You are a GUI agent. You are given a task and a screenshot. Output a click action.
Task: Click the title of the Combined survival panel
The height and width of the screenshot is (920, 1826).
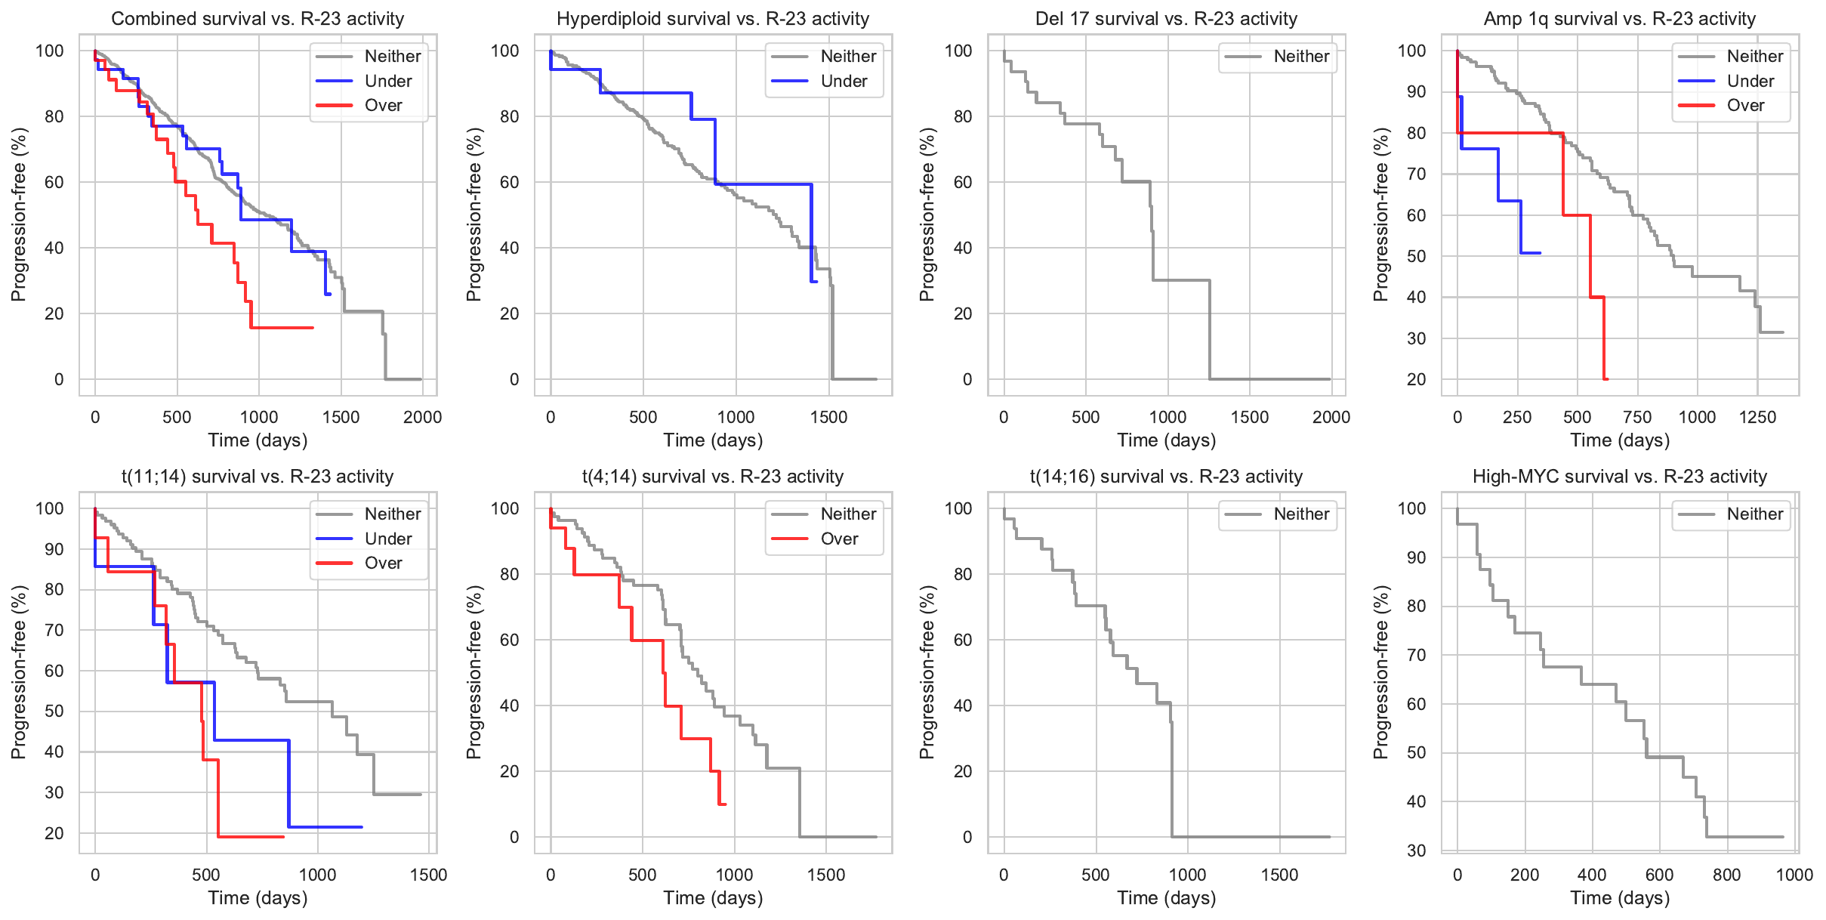[x=258, y=19]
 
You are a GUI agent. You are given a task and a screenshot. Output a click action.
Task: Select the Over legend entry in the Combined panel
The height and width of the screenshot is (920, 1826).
[x=383, y=106]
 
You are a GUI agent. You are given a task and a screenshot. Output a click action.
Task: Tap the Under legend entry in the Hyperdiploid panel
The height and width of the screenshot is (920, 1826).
[x=844, y=82]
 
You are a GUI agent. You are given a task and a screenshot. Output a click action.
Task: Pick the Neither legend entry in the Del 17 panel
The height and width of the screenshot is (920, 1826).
[x=1301, y=57]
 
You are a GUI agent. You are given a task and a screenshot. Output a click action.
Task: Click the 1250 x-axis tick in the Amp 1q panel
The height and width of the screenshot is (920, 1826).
[x=1757, y=418]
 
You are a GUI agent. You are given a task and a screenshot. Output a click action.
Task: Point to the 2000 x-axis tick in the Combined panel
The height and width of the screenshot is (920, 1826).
[x=422, y=418]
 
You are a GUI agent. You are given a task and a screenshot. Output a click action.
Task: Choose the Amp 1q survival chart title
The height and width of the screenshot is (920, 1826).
[x=1620, y=19]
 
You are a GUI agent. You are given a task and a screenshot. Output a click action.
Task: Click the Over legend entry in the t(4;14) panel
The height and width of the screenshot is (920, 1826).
[x=839, y=539]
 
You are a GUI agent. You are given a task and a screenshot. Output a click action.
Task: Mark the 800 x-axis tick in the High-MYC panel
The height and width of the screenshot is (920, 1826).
[x=1726, y=875]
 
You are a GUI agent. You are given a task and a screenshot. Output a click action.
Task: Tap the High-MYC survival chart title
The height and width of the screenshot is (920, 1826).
[x=1620, y=477]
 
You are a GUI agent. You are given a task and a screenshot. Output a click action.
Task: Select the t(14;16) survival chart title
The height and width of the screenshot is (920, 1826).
[x=1166, y=477]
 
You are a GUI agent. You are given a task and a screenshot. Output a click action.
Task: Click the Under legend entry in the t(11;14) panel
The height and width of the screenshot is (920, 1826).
[x=388, y=539]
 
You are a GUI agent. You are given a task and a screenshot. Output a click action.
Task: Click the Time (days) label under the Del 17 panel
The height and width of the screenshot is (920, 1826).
[x=1166, y=440]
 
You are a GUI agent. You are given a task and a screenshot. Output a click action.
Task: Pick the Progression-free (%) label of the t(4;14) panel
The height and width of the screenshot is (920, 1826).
[x=473, y=672]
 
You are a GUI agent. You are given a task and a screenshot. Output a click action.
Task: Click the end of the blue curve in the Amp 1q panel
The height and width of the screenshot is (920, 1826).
[x=1540, y=253]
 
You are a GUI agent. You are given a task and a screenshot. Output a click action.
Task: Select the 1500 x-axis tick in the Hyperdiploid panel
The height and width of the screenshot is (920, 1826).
[x=828, y=418]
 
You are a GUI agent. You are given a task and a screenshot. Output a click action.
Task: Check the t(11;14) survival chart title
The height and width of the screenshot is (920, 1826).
[x=258, y=477]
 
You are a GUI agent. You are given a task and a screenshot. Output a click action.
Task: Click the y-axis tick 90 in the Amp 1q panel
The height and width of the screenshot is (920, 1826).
[x=1411, y=92]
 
